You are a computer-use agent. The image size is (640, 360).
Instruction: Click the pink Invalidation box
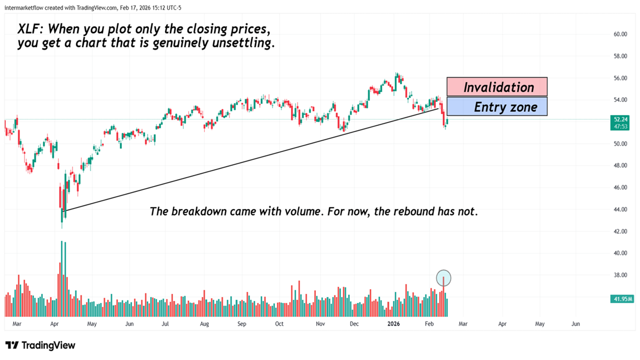point(497,87)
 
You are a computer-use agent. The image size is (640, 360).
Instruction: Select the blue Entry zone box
point(497,107)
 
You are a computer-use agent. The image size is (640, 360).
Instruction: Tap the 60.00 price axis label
point(620,34)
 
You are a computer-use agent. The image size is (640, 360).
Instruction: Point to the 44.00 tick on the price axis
point(620,210)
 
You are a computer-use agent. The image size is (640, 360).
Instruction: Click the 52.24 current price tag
point(620,119)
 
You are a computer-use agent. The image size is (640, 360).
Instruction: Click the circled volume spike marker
point(444,278)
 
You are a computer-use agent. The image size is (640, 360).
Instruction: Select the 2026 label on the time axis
point(393,324)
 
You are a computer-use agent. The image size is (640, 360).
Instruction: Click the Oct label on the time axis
point(279,324)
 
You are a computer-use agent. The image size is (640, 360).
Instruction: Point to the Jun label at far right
point(575,324)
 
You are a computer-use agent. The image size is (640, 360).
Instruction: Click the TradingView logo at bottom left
point(41,346)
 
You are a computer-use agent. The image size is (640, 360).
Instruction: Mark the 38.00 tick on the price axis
point(620,275)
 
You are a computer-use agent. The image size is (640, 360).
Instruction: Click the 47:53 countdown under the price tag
point(620,127)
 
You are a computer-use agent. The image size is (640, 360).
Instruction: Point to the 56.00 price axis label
point(620,78)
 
